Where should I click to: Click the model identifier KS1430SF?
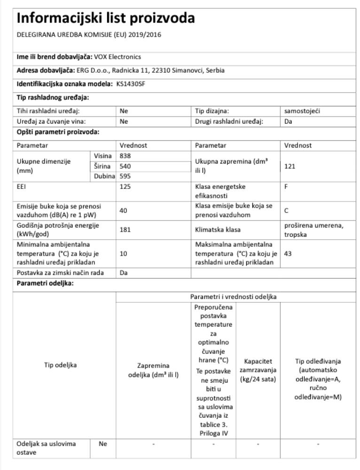(x=130, y=84)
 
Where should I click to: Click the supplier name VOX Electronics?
(x=117, y=57)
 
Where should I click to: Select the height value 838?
(x=125, y=156)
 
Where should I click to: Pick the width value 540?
(x=125, y=166)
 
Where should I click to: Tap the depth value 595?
(x=125, y=176)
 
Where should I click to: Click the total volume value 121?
(x=290, y=166)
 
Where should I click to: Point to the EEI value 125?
(x=125, y=187)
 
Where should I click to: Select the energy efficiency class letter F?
(x=286, y=187)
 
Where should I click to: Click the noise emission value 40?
(x=124, y=211)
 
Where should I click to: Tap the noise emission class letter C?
(x=286, y=211)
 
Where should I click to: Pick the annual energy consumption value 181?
(x=125, y=230)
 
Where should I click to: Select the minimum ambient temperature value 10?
(x=123, y=254)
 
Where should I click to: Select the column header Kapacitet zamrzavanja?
(x=258, y=370)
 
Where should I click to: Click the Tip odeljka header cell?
(x=61, y=365)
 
